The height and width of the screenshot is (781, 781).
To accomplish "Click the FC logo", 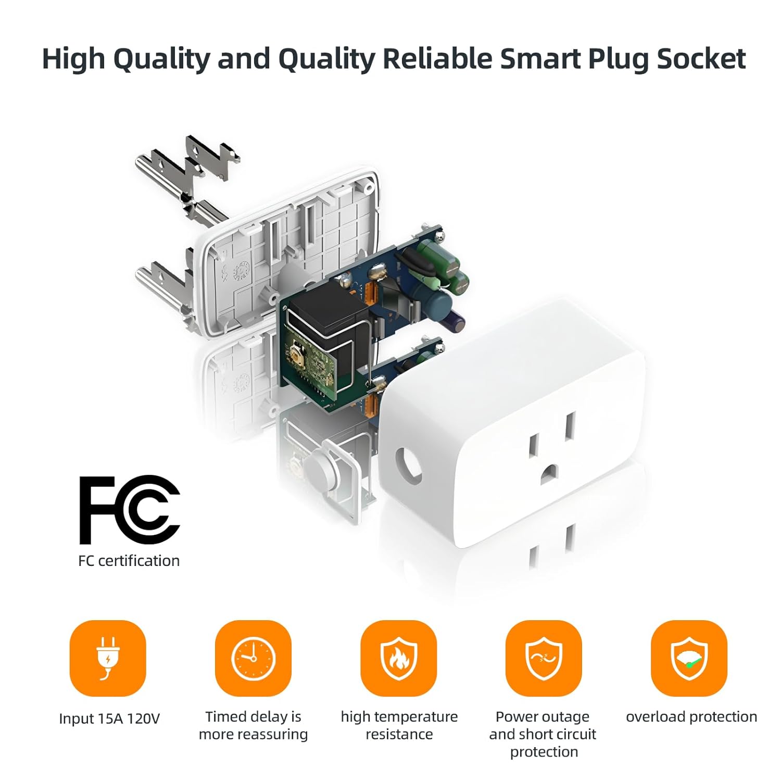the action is coord(129,510).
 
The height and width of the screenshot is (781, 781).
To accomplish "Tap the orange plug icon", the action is coord(108,658).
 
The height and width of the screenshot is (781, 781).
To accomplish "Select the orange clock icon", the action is coord(253,658).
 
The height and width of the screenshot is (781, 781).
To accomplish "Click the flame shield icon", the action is coord(399,658).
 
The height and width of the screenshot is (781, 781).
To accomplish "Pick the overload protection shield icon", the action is coord(689,658).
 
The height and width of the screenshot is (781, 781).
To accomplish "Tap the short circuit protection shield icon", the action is coord(544,658).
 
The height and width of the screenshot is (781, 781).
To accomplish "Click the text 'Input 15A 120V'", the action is coord(109,719).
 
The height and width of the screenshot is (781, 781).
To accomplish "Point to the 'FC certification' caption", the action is coord(129,561).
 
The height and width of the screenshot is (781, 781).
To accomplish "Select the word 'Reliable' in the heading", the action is coord(437,58).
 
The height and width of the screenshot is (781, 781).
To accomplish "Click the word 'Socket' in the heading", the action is coord(701,58).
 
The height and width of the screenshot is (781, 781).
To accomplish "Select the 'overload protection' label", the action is coord(691,717).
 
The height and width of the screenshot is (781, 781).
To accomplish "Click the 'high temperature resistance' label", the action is coord(399,725).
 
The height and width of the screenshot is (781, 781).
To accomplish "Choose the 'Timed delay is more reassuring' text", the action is coord(254,725).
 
